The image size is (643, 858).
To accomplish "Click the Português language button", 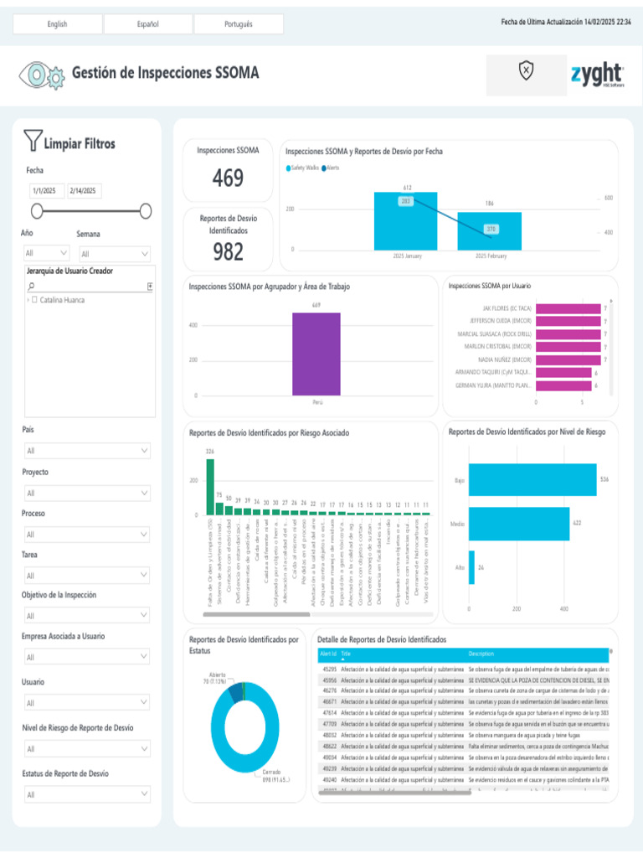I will pos(239,24).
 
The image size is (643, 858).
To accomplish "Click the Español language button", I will pos(147,24).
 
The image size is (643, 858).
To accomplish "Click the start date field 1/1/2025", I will pos(46,191).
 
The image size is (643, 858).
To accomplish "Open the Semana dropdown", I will pos(115,254).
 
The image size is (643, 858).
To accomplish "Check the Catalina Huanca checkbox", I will pos(34,300).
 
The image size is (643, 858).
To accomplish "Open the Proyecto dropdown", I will pos(87,493).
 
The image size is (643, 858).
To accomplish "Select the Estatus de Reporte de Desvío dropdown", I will pos(87,793).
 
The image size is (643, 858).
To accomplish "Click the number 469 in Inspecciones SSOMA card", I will pos(228,178).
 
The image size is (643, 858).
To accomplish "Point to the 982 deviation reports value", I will pos(228,251).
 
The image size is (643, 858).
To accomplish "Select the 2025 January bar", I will pos(405,221).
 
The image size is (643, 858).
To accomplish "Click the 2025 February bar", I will pos(490,231).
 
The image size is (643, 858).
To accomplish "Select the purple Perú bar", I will pos(316,354).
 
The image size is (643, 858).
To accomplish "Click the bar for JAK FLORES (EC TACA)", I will pos(568,308).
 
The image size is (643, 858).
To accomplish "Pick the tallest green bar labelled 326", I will pos(210,486).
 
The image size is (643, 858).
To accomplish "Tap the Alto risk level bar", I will pos(471,567).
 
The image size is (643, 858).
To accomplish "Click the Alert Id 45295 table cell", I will pos(328,669).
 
